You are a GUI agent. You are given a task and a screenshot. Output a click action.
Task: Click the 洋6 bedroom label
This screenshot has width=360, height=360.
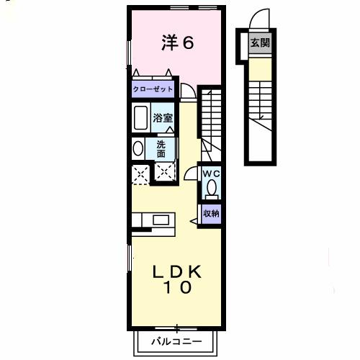tap(177, 42)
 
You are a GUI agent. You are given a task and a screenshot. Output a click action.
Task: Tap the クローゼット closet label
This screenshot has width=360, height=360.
tap(153, 89)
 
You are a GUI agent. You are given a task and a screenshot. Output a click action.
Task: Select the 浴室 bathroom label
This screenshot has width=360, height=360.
tap(163, 118)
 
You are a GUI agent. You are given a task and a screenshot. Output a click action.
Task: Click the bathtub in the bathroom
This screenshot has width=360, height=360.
tap(140, 117)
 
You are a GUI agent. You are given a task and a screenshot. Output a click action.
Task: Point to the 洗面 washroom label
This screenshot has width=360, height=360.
tap(161, 148)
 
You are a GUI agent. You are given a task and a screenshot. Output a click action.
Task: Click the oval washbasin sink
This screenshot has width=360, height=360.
tap(138, 149)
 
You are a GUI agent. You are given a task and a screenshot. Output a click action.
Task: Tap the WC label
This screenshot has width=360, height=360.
tap(211, 174)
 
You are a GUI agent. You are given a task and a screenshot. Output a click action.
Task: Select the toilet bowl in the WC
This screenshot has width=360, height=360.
tap(211, 189)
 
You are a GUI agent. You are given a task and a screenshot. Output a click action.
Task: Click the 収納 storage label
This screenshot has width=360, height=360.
tap(211, 213)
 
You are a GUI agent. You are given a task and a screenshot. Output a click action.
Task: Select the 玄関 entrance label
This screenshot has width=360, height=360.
tap(260, 42)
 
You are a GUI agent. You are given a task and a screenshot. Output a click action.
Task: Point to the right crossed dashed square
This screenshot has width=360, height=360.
tap(166, 173)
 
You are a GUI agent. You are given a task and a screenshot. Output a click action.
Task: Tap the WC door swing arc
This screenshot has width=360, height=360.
tap(190, 173)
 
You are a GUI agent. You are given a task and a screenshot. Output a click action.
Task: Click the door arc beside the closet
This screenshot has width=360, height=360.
tap(187, 91)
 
